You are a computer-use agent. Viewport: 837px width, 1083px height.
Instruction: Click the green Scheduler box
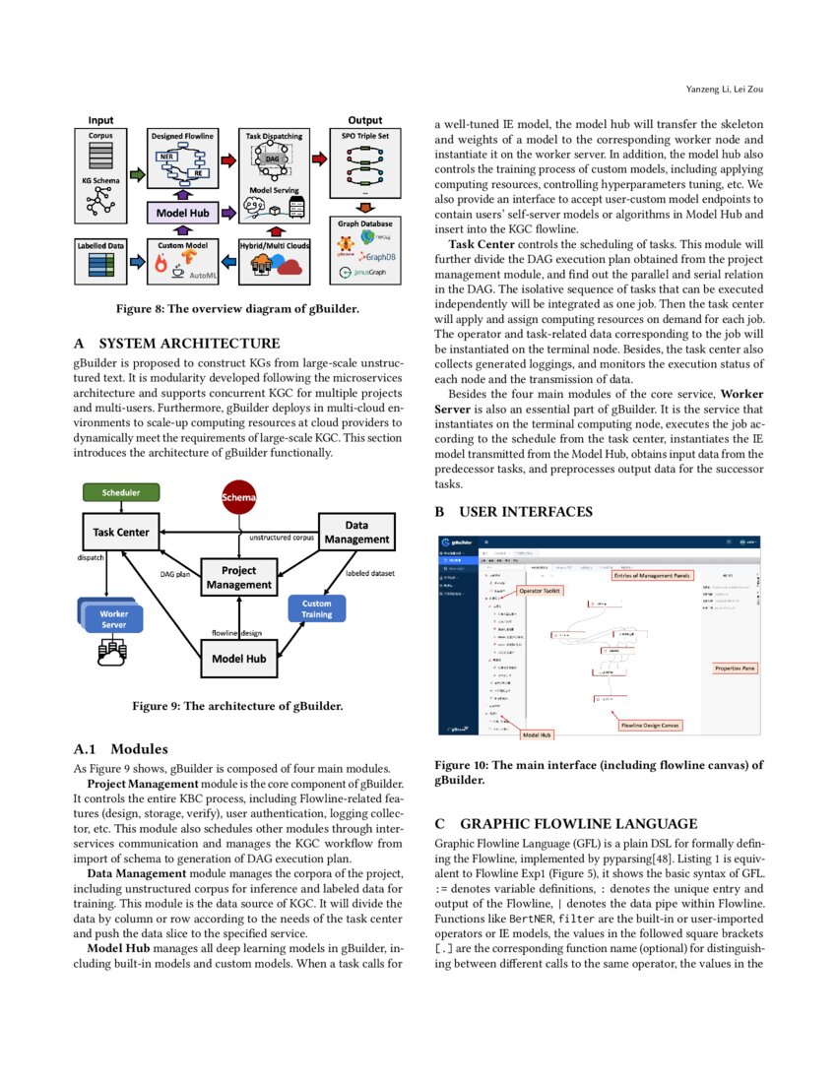(x=120, y=491)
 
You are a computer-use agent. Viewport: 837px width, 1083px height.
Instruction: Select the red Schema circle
(x=238, y=497)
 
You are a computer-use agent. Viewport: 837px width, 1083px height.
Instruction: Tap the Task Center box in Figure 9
(x=121, y=533)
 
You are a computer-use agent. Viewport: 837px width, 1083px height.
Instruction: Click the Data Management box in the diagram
(x=356, y=533)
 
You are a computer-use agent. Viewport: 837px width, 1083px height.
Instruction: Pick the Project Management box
(x=238, y=577)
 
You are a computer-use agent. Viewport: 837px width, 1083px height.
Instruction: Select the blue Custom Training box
(x=316, y=608)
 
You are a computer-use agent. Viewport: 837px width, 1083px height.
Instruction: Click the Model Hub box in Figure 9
(x=238, y=660)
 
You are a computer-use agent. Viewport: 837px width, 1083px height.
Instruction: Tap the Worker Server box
(x=113, y=618)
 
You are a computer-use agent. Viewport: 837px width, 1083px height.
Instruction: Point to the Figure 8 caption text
(x=237, y=309)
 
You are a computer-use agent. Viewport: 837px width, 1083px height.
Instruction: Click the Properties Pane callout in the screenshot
(x=735, y=669)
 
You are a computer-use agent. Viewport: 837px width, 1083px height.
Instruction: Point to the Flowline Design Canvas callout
(x=650, y=725)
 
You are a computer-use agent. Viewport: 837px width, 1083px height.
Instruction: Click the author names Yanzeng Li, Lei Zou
(x=725, y=90)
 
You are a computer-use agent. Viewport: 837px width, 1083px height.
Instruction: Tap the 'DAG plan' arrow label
(x=175, y=572)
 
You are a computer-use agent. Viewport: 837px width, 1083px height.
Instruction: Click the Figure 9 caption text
(x=237, y=706)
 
